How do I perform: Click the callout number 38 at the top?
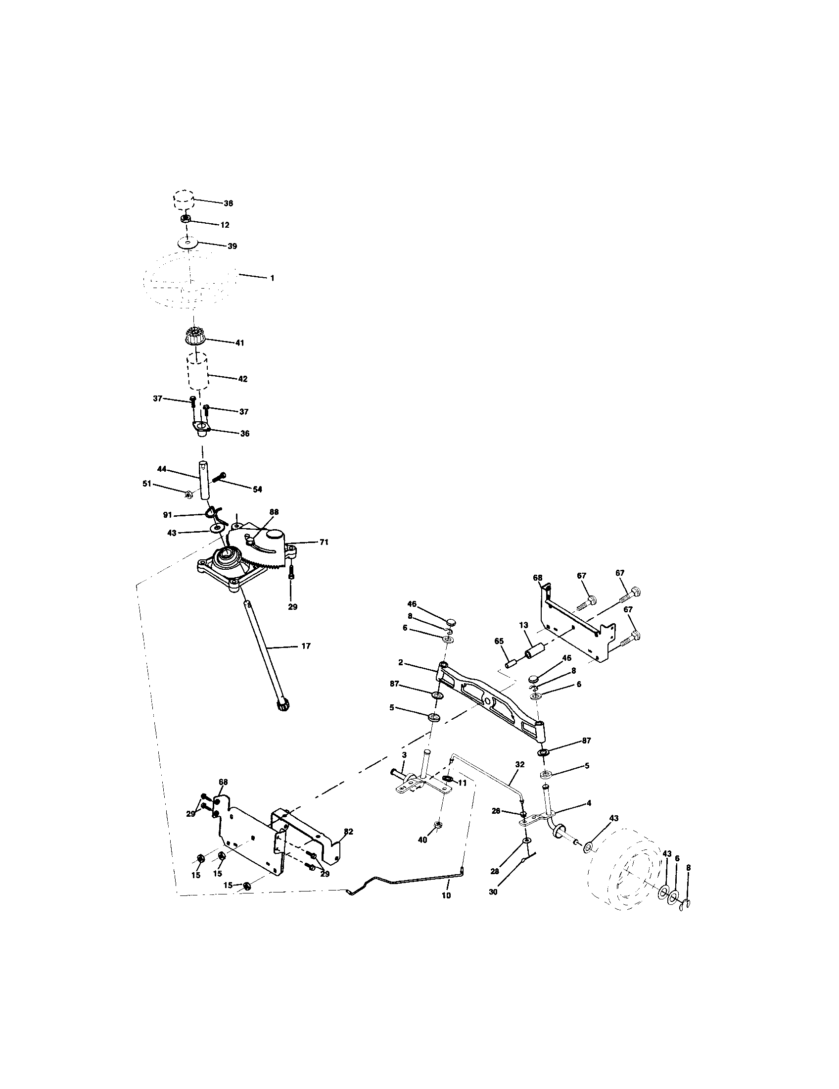tap(228, 203)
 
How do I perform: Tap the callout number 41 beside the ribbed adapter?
tap(239, 343)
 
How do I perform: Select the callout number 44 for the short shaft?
tap(161, 469)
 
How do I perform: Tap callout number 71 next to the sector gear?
tap(324, 542)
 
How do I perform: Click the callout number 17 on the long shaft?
tap(306, 645)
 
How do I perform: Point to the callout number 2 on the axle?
tap(400, 663)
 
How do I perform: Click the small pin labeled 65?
tap(511, 664)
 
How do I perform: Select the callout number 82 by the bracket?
tap(348, 831)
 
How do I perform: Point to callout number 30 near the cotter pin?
tap(493, 892)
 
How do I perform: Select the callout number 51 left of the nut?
tap(147, 484)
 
